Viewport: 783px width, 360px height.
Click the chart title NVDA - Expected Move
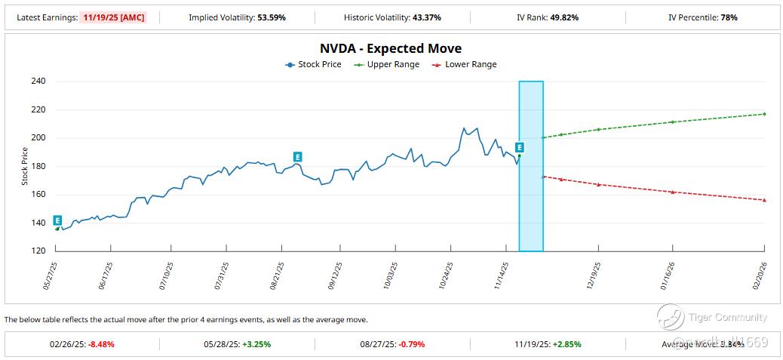point(391,49)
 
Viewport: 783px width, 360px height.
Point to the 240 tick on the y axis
point(37,82)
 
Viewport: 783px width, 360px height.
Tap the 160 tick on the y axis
point(37,195)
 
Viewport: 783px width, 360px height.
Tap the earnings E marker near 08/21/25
point(298,157)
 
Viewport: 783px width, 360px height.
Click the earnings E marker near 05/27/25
point(57,220)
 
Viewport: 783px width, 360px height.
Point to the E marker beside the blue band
point(519,147)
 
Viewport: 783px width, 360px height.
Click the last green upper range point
point(764,114)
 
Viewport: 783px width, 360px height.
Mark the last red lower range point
point(764,200)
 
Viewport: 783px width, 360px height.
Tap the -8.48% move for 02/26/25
point(101,344)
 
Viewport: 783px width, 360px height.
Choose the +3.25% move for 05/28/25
point(256,344)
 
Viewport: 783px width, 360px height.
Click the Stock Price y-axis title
point(24,166)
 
